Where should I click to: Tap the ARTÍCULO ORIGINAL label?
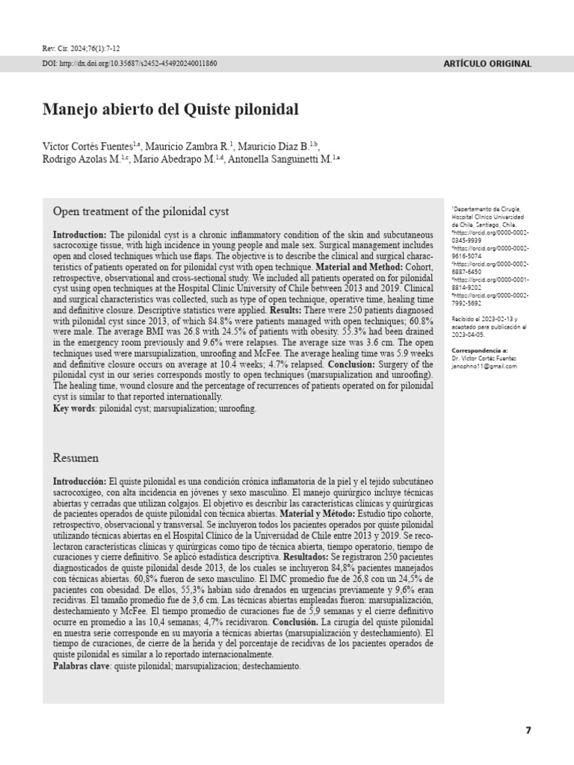tap(487, 64)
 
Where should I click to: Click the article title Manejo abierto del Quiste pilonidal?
tap(170, 110)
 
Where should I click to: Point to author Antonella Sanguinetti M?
tap(284, 158)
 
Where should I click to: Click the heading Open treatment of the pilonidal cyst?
tap(141, 211)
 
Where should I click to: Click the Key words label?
tap(73, 409)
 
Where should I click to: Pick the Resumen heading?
tap(75, 457)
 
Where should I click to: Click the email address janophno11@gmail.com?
tap(484, 367)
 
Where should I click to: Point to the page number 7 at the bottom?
tap(528, 730)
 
